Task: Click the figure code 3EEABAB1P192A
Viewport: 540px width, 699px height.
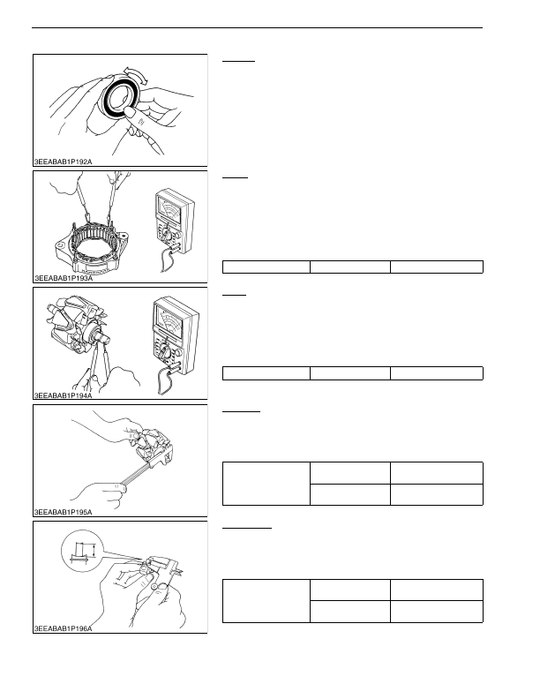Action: pos(64,162)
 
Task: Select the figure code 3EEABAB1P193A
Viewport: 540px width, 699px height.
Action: pos(64,278)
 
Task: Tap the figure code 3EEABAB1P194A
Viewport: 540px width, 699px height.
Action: pos(64,395)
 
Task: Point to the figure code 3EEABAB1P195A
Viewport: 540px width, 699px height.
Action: pos(64,512)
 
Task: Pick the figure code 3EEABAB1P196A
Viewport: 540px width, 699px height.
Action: pos(64,629)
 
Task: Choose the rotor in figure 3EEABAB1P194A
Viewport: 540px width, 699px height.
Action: pos(78,323)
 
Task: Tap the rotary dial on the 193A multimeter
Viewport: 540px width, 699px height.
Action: pos(167,235)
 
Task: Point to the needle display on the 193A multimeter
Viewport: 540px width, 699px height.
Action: pos(169,208)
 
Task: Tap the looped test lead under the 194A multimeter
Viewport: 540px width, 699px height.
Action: pos(165,382)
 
